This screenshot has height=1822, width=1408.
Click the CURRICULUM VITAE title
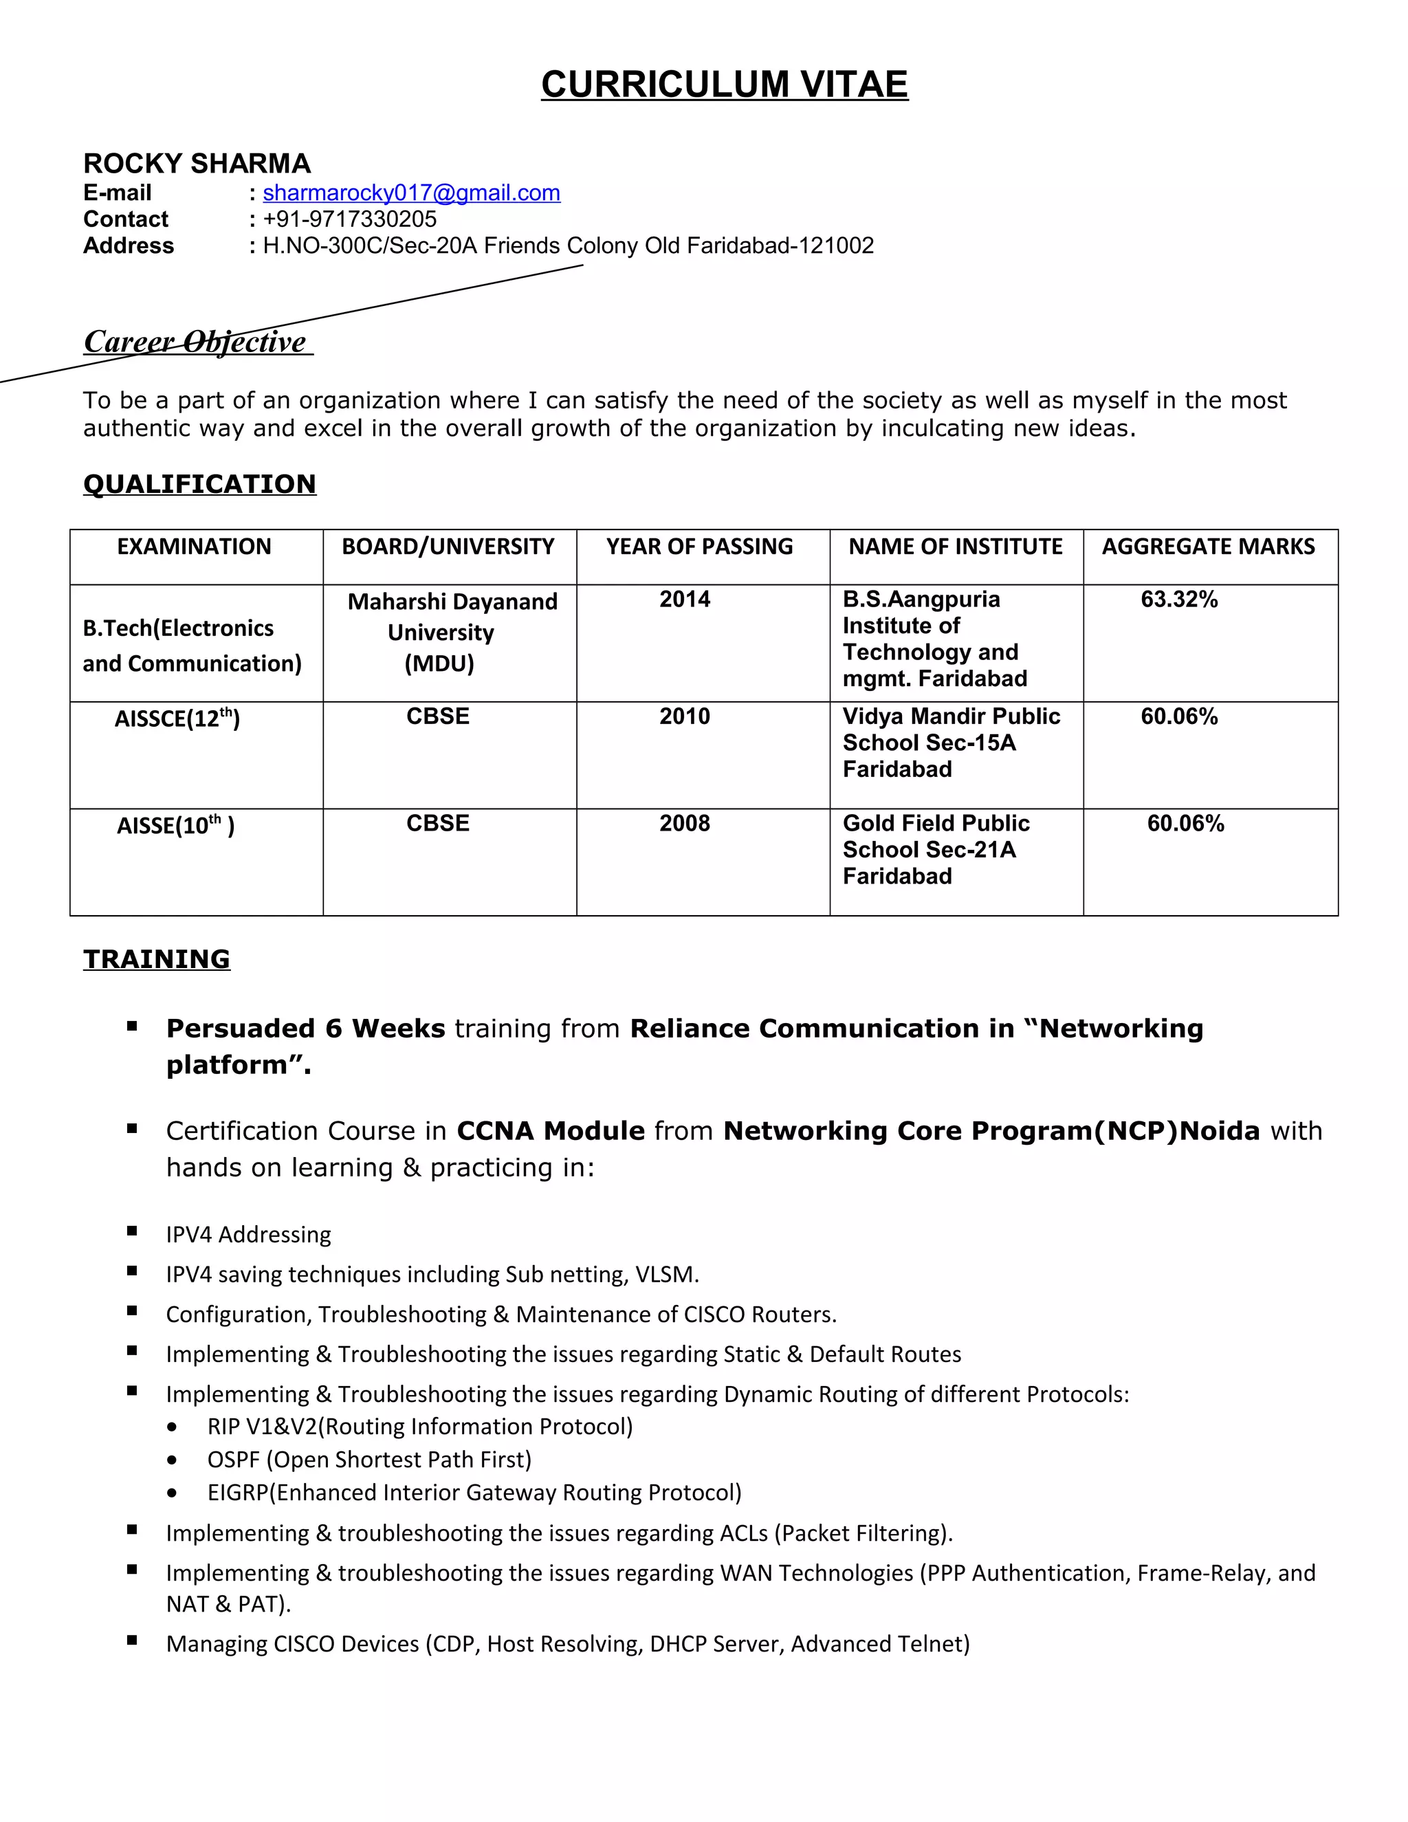coord(724,85)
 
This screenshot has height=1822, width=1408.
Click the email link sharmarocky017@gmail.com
coord(411,193)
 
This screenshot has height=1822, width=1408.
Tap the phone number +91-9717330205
coord(349,219)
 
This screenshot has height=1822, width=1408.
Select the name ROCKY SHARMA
coord(197,164)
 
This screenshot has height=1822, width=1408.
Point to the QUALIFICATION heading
coord(199,484)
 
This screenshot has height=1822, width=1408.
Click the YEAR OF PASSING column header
coord(699,547)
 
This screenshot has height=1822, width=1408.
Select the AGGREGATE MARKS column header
coord(1208,547)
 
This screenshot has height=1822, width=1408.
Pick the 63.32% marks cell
coord(1178,599)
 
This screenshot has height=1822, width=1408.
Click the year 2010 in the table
coord(684,716)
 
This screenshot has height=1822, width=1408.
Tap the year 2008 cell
coord(684,824)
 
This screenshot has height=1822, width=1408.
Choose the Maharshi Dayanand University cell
coord(451,632)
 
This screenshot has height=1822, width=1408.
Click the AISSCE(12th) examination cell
coord(177,718)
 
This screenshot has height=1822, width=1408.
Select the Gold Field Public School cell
coord(935,848)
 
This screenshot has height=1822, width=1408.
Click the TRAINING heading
coord(156,959)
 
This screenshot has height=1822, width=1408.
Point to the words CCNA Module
coord(551,1131)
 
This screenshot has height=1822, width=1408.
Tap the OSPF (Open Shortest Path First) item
coord(368,1459)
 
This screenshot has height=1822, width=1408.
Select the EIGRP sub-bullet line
coord(474,1492)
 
